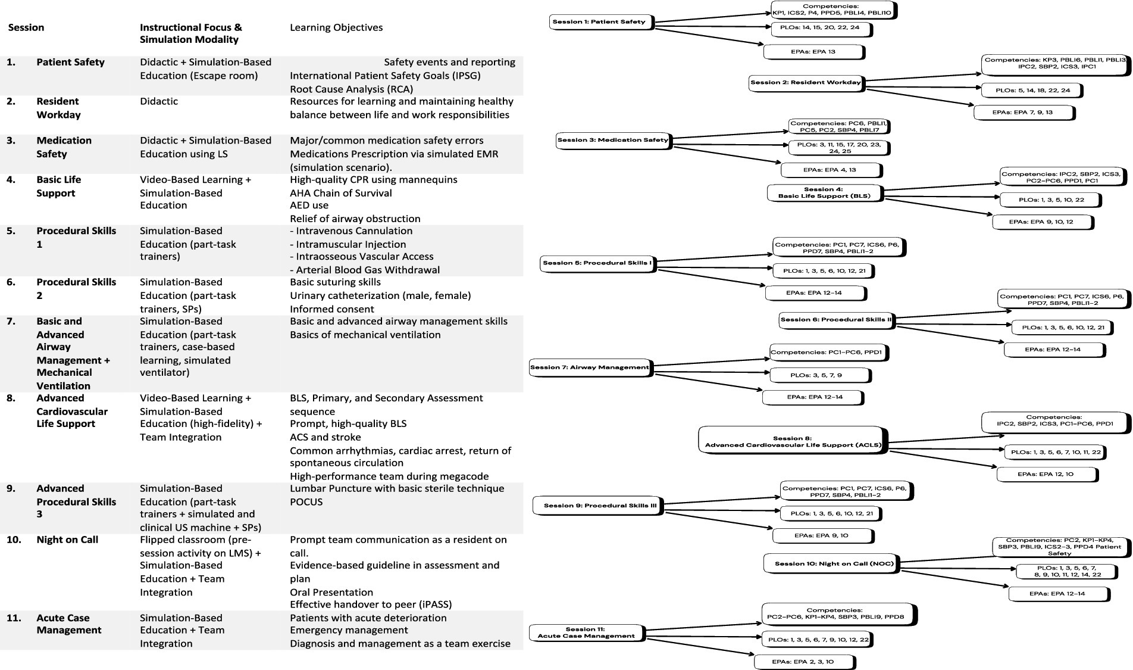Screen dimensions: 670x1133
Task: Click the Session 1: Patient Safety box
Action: [599, 22]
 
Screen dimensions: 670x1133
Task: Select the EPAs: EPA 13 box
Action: [813, 52]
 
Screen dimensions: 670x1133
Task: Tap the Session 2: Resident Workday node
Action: [805, 82]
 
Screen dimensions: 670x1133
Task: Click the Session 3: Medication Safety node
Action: [612, 141]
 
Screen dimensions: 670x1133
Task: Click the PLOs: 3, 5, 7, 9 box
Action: [819, 375]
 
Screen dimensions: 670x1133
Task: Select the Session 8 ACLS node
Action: [791, 441]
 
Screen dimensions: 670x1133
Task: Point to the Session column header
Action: [26, 27]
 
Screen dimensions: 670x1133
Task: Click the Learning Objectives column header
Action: [336, 27]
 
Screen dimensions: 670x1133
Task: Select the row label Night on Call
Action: [67, 540]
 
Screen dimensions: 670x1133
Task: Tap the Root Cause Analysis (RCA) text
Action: [351, 89]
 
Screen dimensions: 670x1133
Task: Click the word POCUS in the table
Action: [306, 502]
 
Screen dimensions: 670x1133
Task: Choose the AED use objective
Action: [309, 205]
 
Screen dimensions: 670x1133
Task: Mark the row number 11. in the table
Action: [14, 618]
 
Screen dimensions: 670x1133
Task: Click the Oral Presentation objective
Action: [331, 593]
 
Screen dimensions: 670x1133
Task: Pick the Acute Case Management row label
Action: [69, 624]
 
